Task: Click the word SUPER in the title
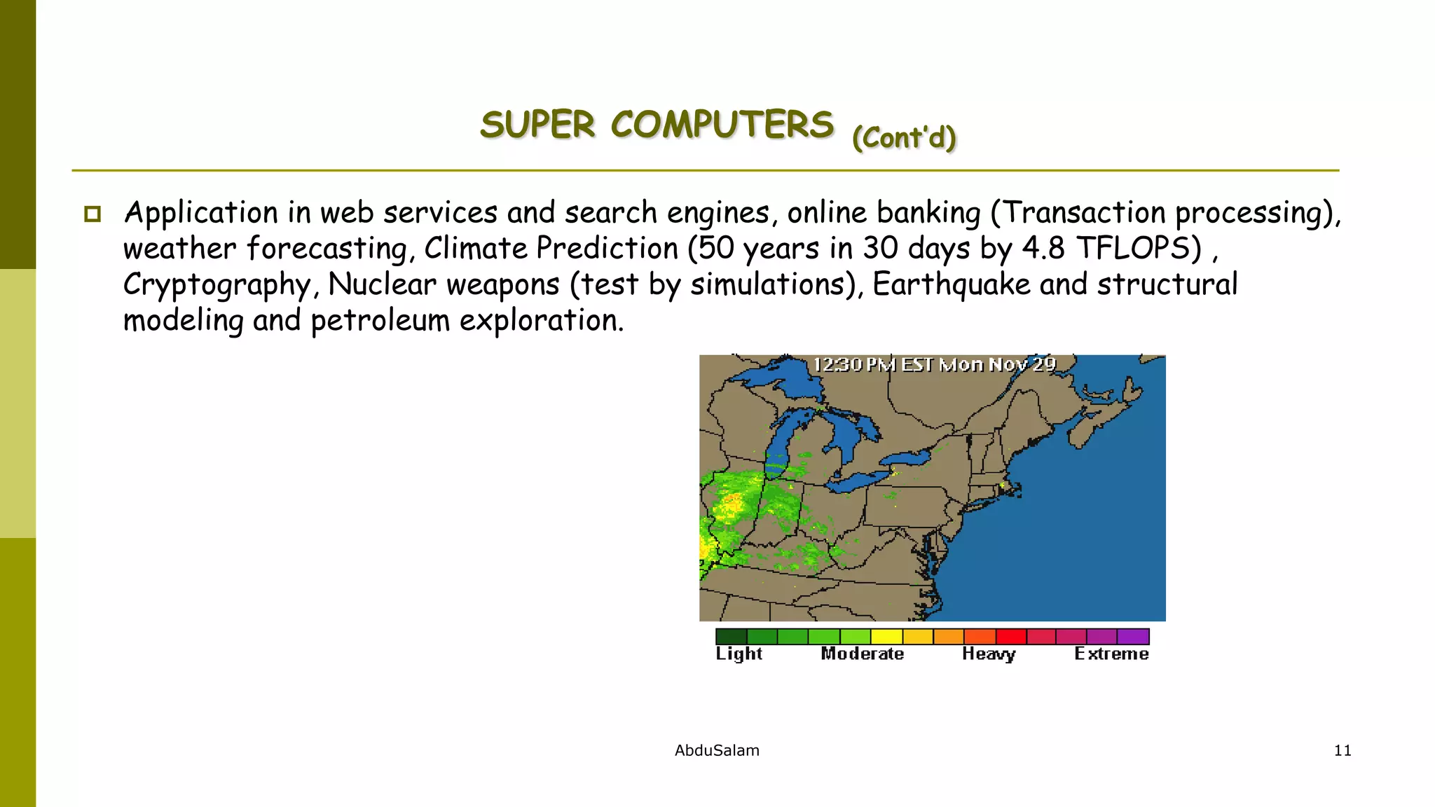(x=537, y=125)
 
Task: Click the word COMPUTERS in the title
(x=722, y=125)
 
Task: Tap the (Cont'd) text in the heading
(x=904, y=137)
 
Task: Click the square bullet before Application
(x=92, y=214)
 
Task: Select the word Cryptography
(x=217, y=285)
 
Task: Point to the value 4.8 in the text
(x=1043, y=249)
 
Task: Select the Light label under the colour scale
(x=739, y=654)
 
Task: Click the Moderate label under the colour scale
(x=862, y=654)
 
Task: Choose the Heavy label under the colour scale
(x=988, y=654)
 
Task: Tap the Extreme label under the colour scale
(x=1111, y=654)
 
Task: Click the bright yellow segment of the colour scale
(x=886, y=636)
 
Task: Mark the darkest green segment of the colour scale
(x=731, y=636)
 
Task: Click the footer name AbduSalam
(x=717, y=750)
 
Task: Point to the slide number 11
(x=1342, y=750)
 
